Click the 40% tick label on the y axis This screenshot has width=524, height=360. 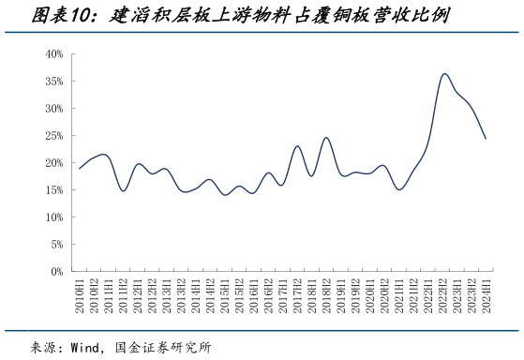click(x=53, y=54)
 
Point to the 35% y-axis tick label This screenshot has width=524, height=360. click(x=53, y=82)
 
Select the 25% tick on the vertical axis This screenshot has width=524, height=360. click(x=53, y=136)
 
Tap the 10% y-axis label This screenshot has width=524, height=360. click(x=53, y=217)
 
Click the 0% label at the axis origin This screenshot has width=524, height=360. click(x=56, y=272)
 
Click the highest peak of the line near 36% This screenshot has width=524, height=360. click(x=444, y=74)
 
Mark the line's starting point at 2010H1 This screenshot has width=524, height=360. click(x=80, y=169)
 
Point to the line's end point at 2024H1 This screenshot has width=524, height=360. click(x=486, y=139)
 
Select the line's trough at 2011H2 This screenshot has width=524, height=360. click(x=123, y=191)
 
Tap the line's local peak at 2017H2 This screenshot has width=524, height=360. click(x=297, y=146)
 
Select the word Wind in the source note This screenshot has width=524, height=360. click(x=86, y=346)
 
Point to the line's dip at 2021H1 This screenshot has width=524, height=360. click(x=399, y=190)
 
